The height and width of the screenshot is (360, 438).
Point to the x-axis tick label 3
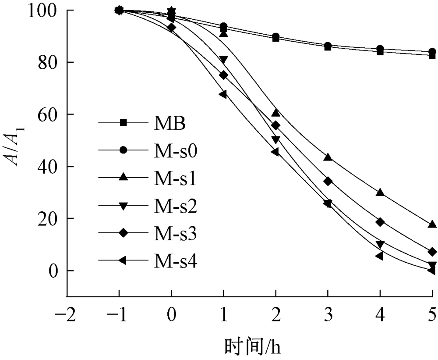[x=328, y=314]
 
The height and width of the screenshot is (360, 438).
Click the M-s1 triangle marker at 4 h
[x=380, y=192]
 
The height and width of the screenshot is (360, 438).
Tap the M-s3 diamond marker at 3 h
[x=328, y=181]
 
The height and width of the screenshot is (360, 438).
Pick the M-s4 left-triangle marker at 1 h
[x=223, y=94]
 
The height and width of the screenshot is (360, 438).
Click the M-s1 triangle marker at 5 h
[x=432, y=224]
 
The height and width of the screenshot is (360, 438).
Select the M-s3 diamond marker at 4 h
[x=380, y=222]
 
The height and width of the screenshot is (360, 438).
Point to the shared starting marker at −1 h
[x=119, y=10]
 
